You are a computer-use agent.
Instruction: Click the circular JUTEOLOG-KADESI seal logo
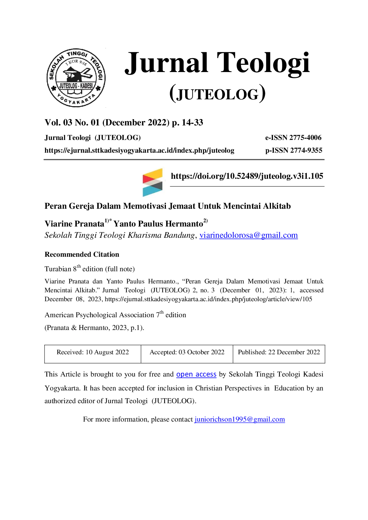pyautogui.click(x=76, y=78)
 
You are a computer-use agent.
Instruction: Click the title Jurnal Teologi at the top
pyautogui.click(x=217, y=63)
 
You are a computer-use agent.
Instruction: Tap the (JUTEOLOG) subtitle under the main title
pyautogui.click(x=218, y=94)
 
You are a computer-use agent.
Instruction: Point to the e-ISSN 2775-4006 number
pyautogui.click(x=293, y=138)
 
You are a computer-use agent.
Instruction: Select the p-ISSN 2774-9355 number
pyautogui.click(x=294, y=150)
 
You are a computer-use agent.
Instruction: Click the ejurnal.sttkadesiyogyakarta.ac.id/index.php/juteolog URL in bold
pyautogui.click(x=139, y=151)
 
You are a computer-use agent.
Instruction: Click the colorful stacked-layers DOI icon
pyautogui.click(x=153, y=182)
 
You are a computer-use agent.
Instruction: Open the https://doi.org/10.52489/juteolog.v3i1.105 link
pyautogui.click(x=247, y=176)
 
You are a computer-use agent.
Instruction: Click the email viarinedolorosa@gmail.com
pyautogui.click(x=249, y=235)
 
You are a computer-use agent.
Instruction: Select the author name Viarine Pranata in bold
pyautogui.click(x=74, y=224)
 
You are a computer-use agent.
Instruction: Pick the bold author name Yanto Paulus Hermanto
pyautogui.click(x=158, y=224)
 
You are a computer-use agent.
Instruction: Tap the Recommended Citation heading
pyautogui.click(x=82, y=254)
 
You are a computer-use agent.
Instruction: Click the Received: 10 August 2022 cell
pyautogui.click(x=93, y=354)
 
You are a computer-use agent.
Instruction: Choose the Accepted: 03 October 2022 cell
pyautogui.click(x=187, y=354)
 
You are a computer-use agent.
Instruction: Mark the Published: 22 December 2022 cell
pyautogui.click(x=279, y=354)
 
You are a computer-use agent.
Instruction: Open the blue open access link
pyautogui.click(x=196, y=374)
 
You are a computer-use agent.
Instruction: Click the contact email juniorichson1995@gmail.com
pyautogui.click(x=240, y=419)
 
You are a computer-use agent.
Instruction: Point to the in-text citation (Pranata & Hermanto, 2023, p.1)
pyautogui.click(x=94, y=328)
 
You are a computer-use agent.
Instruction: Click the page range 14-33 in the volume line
pyautogui.click(x=192, y=122)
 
